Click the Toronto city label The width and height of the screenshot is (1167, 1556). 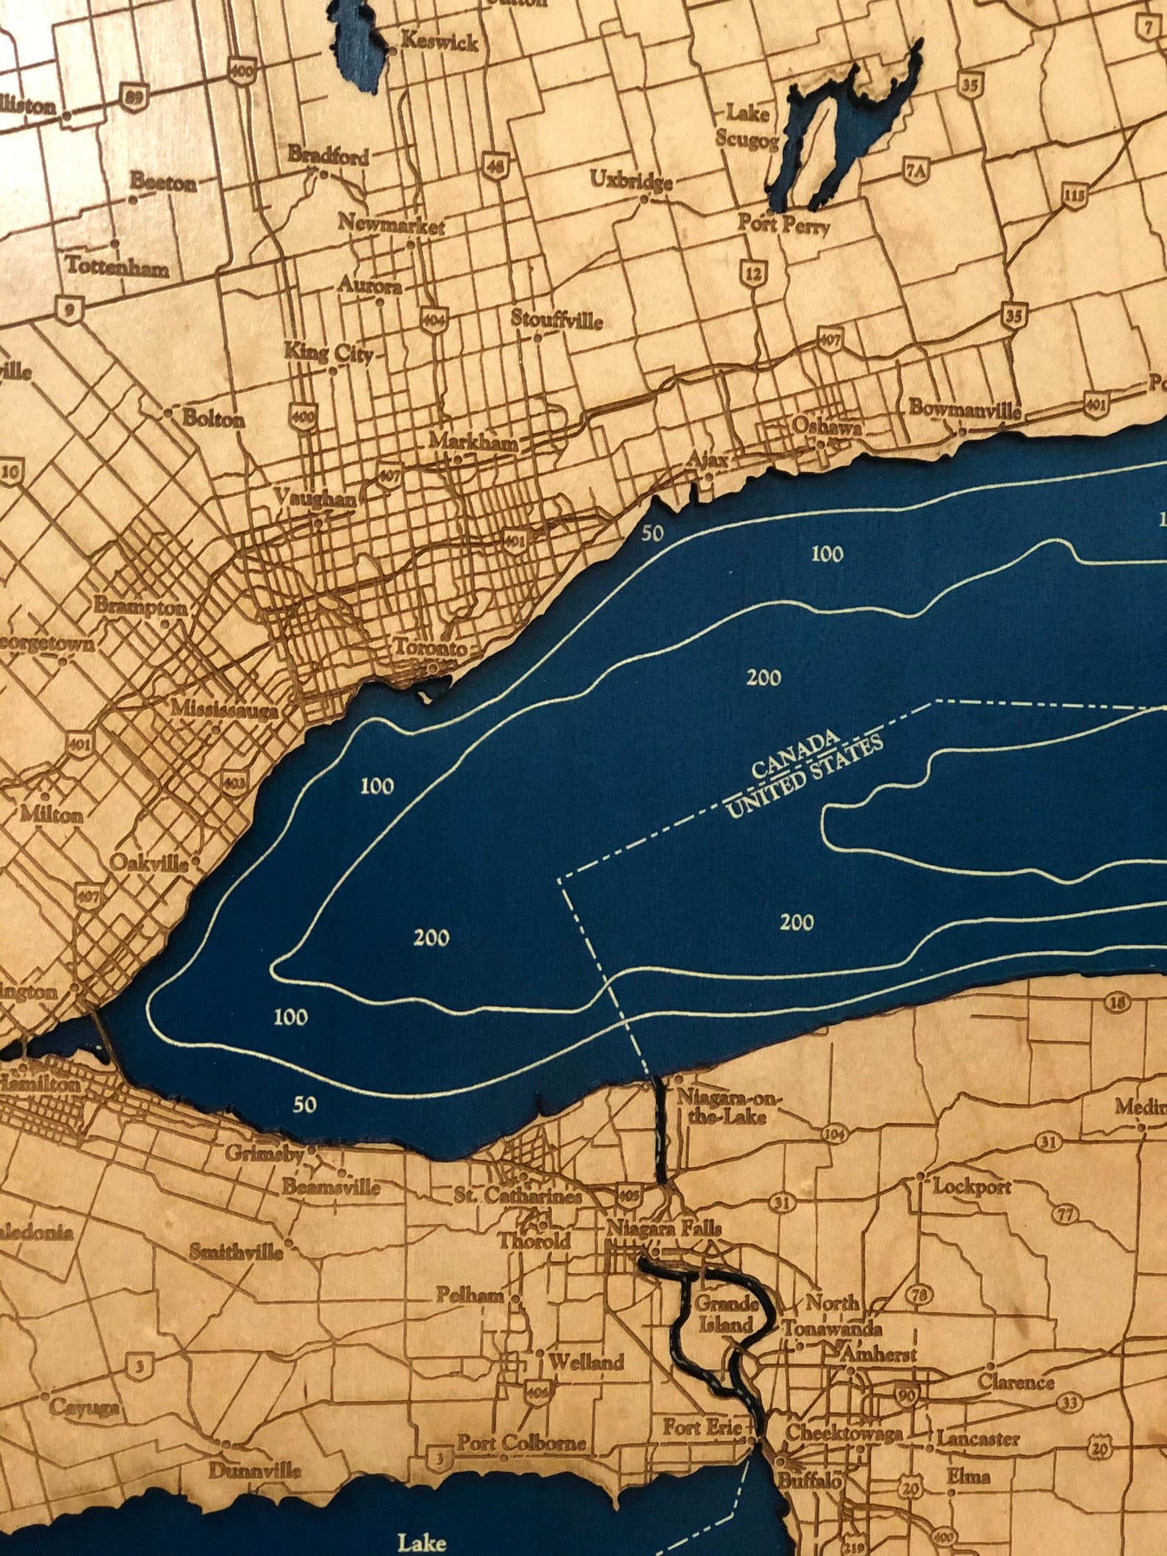point(430,648)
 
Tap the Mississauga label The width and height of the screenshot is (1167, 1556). point(224,710)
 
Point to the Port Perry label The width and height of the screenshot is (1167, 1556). point(783,223)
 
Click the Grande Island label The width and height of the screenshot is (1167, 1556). point(726,1314)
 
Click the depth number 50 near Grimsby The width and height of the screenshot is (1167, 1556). point(304,1103)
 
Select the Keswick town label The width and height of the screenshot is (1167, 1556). point(439,42)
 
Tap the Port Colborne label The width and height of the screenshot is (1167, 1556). point(522,1442)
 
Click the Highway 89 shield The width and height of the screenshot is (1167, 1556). point(137,96)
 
